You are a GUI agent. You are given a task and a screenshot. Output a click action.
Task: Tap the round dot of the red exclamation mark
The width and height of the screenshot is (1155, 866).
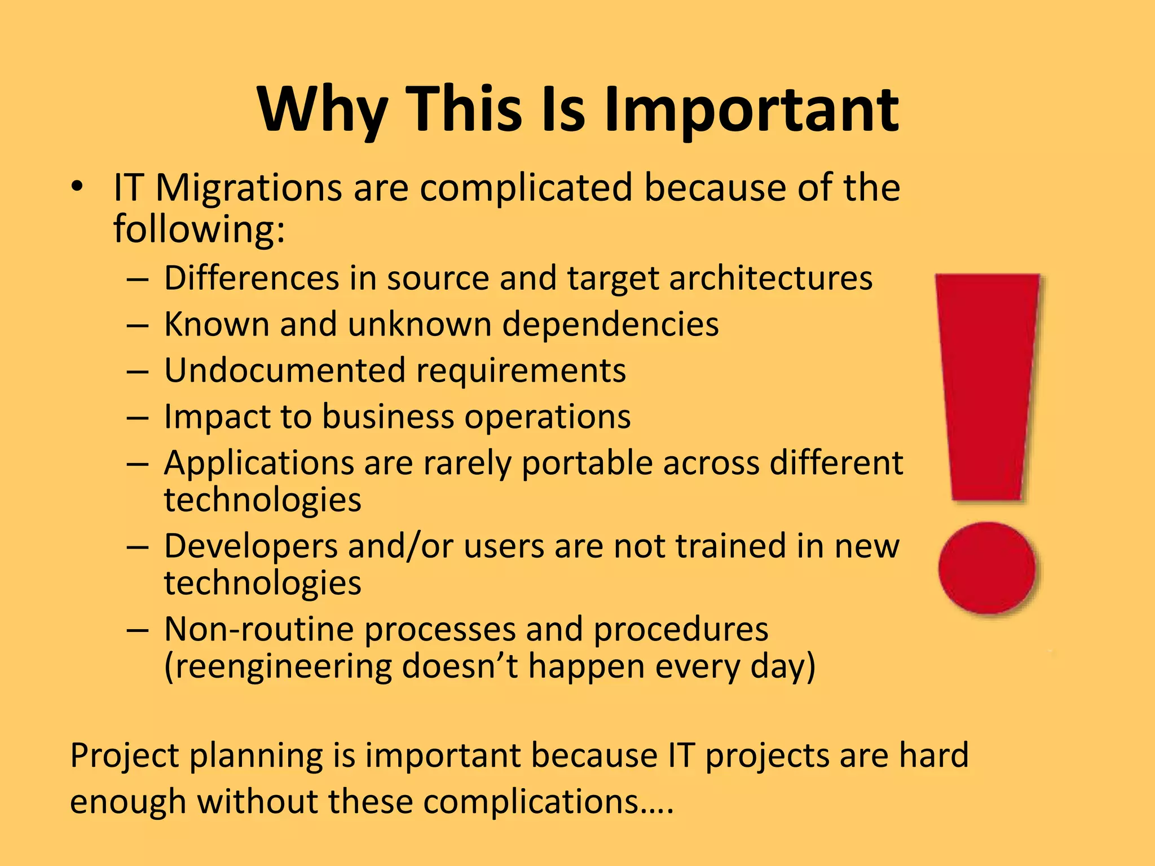[987, 568]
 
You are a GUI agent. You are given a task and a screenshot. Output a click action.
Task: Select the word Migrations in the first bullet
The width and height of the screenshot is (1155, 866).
[248, 188]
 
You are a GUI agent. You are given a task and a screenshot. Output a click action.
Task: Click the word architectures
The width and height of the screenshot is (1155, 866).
[770, 279]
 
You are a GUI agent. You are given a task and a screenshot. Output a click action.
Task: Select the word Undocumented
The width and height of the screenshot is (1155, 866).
[285, 371]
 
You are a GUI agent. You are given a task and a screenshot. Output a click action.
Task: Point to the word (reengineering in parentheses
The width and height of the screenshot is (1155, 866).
[276, 668]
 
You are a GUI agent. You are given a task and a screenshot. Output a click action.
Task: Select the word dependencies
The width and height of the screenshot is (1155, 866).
[610, 325]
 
